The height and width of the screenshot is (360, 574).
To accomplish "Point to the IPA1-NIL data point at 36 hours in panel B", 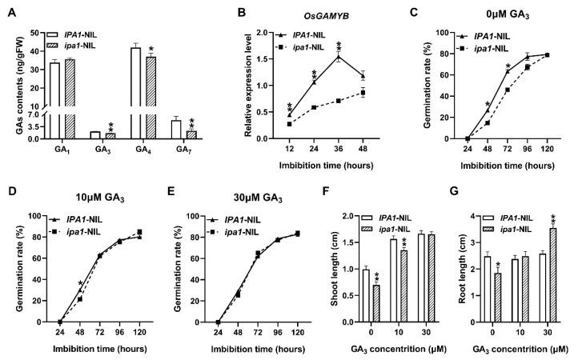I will pyautogui.click(x=339, y=56).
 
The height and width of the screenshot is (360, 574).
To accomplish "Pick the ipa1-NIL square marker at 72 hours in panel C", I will pyautogui.click(x=508, y=90).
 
